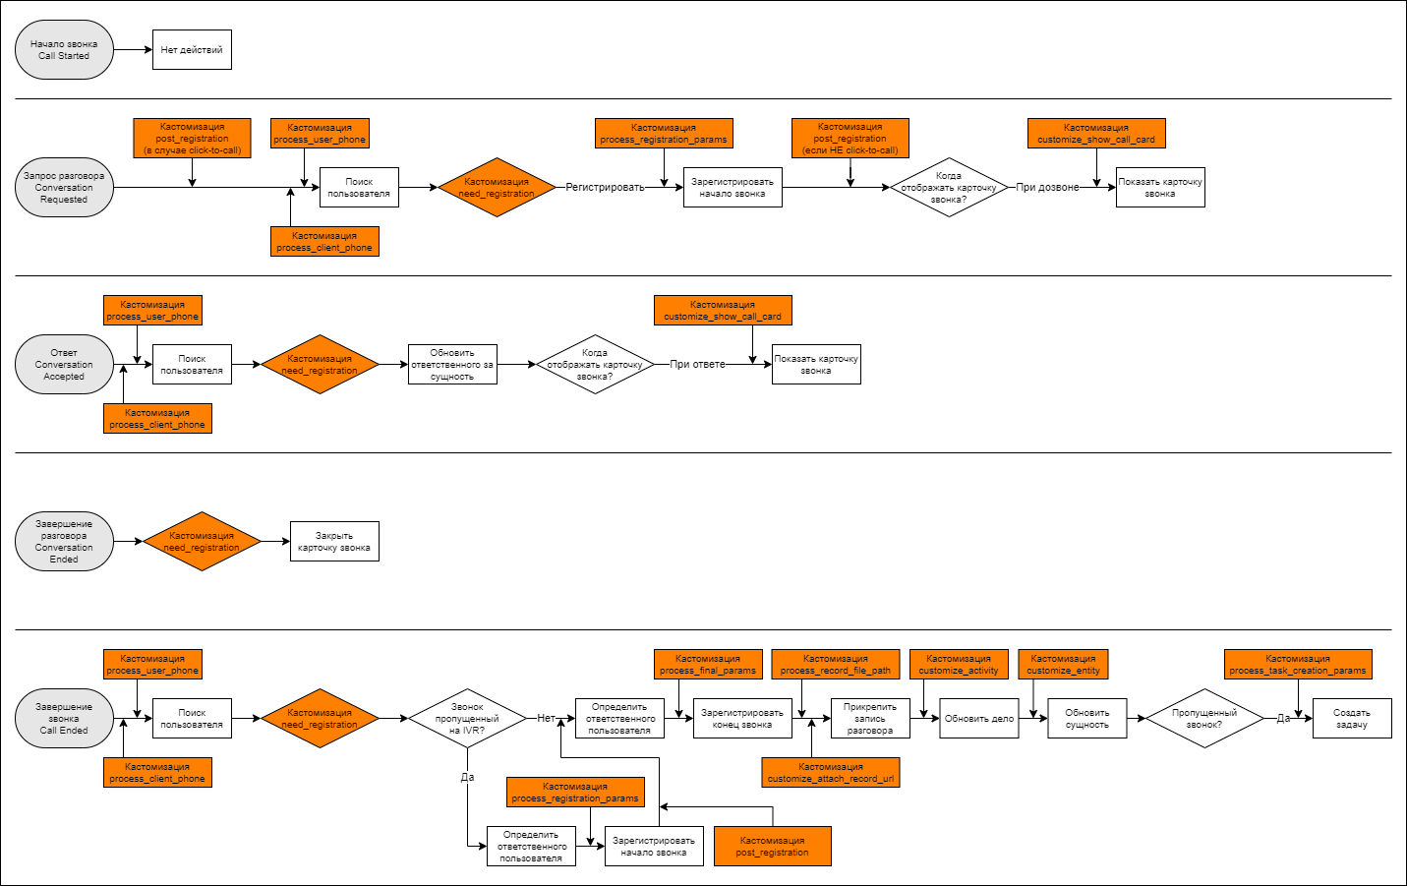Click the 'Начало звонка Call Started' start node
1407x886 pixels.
[x=64, y=49]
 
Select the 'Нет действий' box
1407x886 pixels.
[x=192, y=49]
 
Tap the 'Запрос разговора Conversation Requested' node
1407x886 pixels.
[x=64, y=187]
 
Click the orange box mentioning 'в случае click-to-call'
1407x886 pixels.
[x=192, y=139]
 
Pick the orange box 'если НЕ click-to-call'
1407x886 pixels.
[x=850, y=139]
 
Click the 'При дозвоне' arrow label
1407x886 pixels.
[x=1047, y=187]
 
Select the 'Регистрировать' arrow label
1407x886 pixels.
[x=605, y=187]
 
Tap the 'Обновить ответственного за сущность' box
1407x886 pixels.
[x=452, y=365]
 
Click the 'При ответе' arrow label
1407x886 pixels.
[x=697, y=365]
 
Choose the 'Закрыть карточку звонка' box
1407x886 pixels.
[x=334, y=542]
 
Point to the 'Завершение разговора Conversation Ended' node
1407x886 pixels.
[x=64, y=542]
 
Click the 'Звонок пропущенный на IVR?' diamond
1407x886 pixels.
[x=467, y=718]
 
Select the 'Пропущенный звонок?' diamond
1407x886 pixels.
[x=1204, y=718]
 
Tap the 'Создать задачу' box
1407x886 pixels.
[x=1352, y=718]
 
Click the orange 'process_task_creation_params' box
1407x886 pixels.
[x=1298, y=664]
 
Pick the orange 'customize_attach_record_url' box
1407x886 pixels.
[x=831, y=772]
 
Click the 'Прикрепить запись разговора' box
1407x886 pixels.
[x=870, y=718]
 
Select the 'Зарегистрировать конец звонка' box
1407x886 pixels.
[x=742, y=718]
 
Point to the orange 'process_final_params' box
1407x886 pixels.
[x=708, y=664]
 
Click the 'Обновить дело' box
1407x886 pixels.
[x=978, y=718]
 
